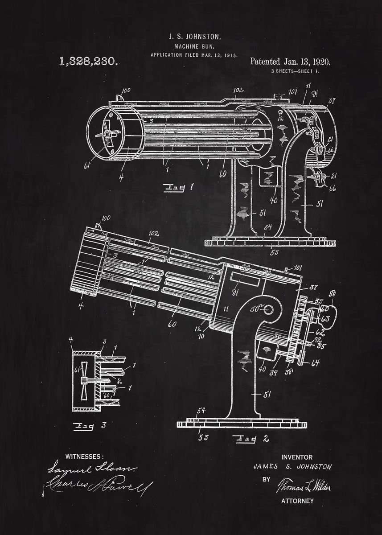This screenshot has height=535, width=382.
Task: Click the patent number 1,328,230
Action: pos(88,62)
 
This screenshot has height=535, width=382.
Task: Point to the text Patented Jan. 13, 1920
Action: pos(290,62)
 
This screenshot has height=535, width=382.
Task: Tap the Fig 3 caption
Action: pos(89,426)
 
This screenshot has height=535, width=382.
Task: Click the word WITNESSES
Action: pos(84,457)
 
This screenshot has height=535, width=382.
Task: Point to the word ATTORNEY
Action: pos(297,501)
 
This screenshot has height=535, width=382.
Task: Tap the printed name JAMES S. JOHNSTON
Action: pos(292,467)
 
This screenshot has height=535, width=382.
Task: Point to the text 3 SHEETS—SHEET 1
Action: pos(295,71)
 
